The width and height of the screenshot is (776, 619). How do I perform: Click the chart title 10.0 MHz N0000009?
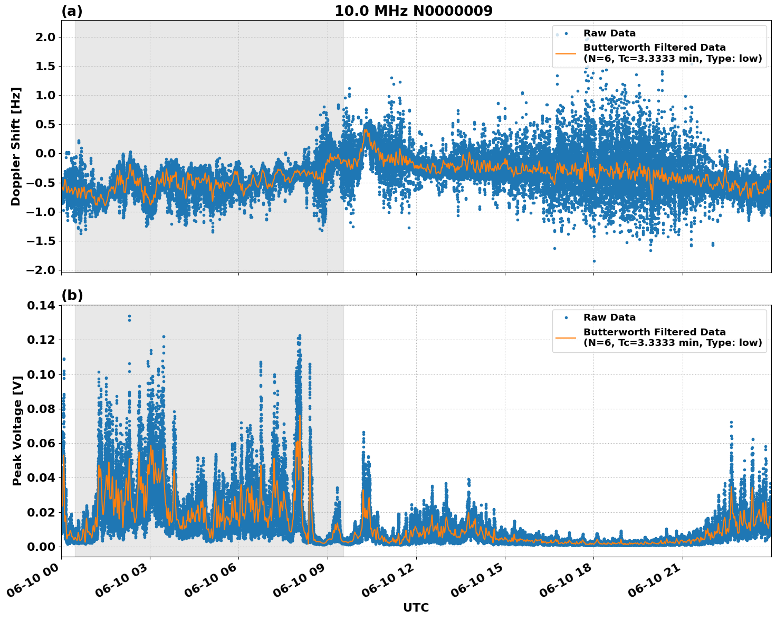pos(413,11)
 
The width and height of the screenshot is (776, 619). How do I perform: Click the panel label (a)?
pos(72,11)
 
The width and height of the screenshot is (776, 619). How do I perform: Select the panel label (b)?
pos(72,296)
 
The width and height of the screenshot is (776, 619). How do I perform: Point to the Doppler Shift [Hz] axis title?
pos(16,146)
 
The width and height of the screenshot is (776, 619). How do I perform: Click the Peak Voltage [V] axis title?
pos(17,430)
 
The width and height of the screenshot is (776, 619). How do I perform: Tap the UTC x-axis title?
pos(416,607)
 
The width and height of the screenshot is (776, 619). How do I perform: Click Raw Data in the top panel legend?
pos(609,33)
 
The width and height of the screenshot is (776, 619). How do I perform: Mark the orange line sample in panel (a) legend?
pos(566,53)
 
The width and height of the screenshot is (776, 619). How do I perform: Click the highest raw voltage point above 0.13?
pos(129,316)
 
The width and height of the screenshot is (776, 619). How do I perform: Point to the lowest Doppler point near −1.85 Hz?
pos(594,261)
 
